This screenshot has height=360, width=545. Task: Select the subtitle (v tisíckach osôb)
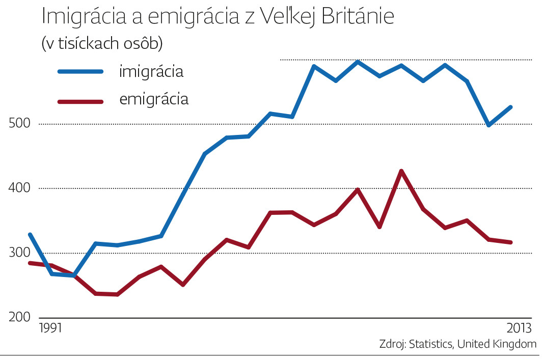click(x=102, y=44)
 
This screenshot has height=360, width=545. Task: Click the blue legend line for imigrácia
click(x=80, y=71)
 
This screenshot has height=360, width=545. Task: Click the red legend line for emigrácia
click(x=80, y=101)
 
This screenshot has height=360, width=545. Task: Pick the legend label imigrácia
click(x=151, y=71)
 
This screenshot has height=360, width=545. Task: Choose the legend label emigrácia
click(x=154, y=99)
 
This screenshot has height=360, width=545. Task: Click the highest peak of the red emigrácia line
click(x=401, y=171)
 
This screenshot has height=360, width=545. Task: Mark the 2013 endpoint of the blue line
click(x=511, y=107)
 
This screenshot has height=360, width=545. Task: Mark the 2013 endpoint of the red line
click(x=511, y=242)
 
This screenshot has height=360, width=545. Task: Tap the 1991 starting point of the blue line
click(x=30, y=234)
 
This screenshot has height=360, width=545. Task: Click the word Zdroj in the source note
click(x=391, y=344)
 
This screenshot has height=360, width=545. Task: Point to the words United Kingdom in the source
click(x=497, y=344)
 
